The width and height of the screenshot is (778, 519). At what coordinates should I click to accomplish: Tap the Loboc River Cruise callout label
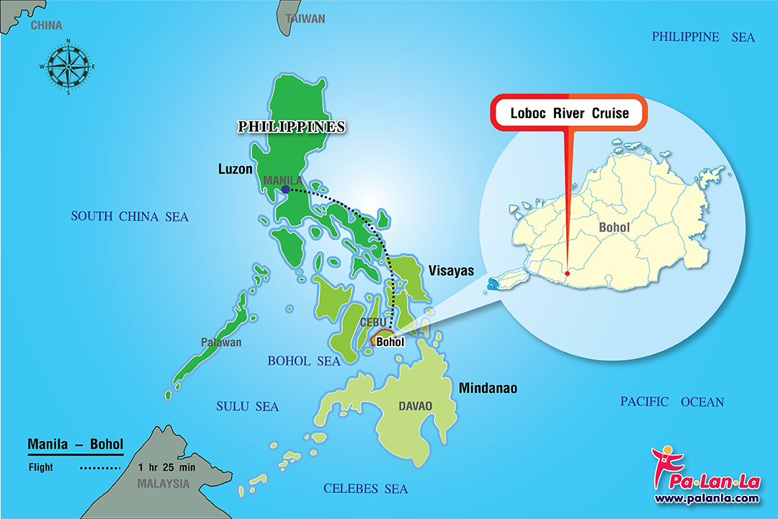[x=569, y=113]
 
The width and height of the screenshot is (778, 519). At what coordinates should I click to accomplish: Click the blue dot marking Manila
[x=286, y=190]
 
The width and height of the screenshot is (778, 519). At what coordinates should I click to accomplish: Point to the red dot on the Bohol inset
[x=568, y=272]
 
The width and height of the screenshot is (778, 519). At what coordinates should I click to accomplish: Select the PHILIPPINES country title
[x=292, y=127]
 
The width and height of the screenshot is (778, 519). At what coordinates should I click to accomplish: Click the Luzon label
[x=235, y=169]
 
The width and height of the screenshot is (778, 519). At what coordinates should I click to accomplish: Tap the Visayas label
[x=452, y=271]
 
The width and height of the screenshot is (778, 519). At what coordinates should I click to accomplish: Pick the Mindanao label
[x=488, y=389]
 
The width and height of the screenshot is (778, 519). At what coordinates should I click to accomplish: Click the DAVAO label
[x=416, y=407]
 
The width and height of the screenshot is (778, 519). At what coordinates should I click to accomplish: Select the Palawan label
[x=222, y=342]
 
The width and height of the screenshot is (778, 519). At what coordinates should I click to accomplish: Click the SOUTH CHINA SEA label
[x=130, y=216]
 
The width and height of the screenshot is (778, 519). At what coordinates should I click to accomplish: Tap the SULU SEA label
[x=247, y=407]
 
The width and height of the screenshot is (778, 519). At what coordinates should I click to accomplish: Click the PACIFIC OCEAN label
[x=672, y=402]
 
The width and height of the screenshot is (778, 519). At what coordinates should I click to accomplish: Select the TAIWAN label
[x=305, y=19]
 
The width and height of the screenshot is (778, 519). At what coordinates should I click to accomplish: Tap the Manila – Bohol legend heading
[x=75, y=444]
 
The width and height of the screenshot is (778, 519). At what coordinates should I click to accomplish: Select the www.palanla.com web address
[x=706, y=498]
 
